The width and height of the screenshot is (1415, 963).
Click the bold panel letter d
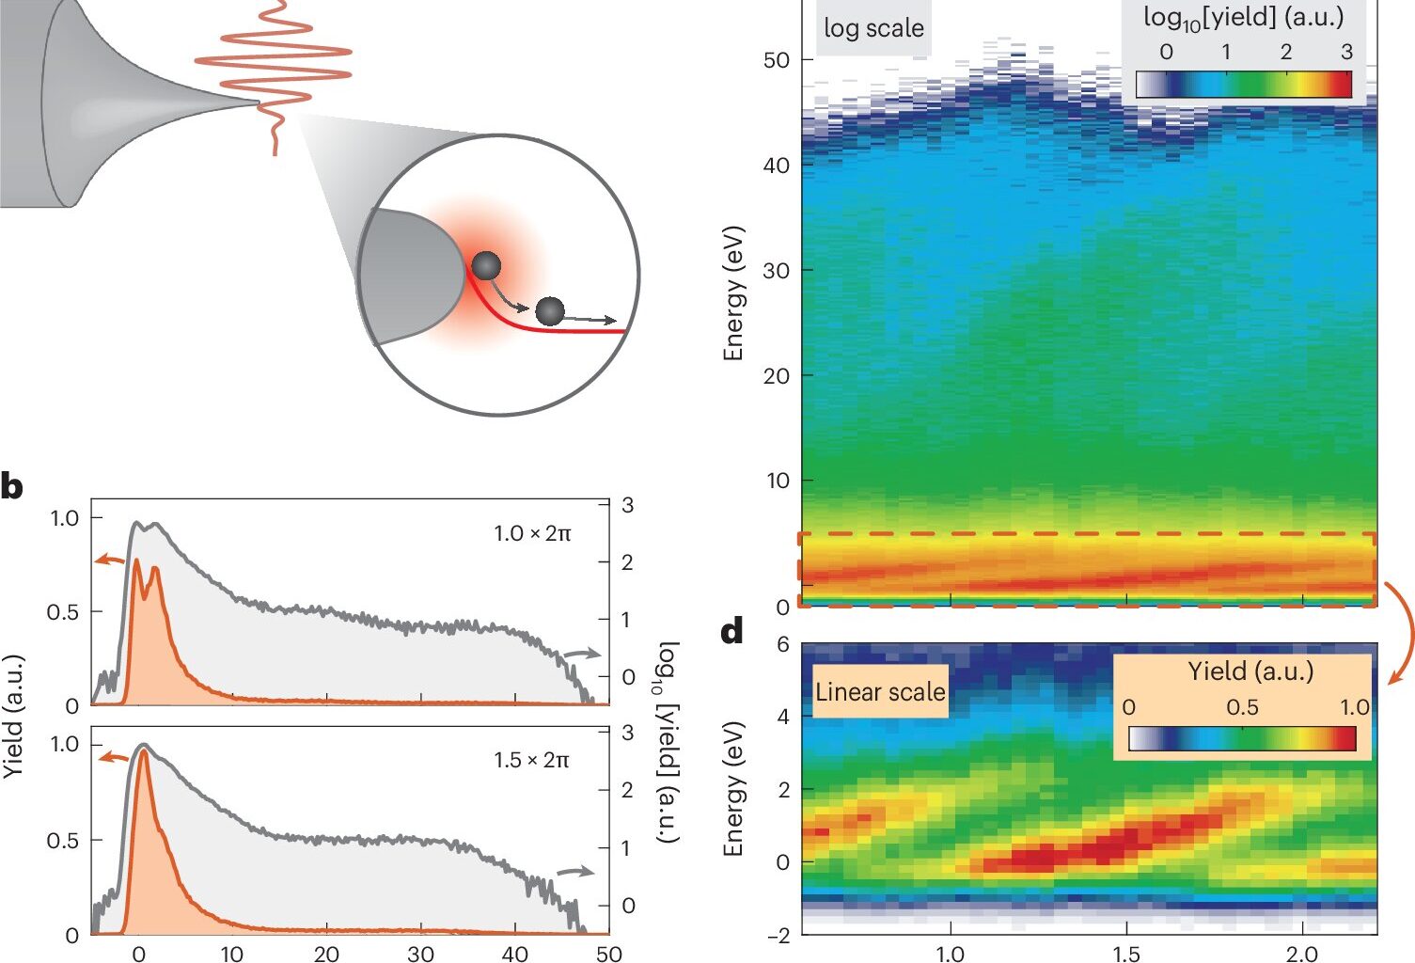coord(732,632)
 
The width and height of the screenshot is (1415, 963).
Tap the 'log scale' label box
coord(873,28)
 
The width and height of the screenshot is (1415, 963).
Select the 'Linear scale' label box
coord(879,692)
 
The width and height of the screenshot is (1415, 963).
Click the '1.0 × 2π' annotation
coord(532,533)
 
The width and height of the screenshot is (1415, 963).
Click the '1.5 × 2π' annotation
coord(531,760)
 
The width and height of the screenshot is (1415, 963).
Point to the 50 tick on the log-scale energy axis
coord(776,60)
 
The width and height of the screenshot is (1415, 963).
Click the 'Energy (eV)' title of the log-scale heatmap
coord(733,292)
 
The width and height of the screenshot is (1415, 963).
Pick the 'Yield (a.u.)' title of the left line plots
coord(12,716)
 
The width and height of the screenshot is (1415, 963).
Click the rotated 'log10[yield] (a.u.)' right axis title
coord(667,742)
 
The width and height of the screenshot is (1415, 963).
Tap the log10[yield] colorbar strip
coord(1243,85)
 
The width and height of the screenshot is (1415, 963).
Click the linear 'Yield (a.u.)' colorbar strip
coord(1242,738)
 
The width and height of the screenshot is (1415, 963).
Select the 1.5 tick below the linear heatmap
coord(1125,954)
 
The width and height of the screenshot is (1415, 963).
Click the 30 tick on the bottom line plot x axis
coord(420,954)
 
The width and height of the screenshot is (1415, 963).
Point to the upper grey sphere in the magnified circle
coord(486,266)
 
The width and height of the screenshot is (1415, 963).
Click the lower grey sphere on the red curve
coord(549,310)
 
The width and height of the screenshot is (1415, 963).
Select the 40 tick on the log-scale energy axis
coord(776,166)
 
